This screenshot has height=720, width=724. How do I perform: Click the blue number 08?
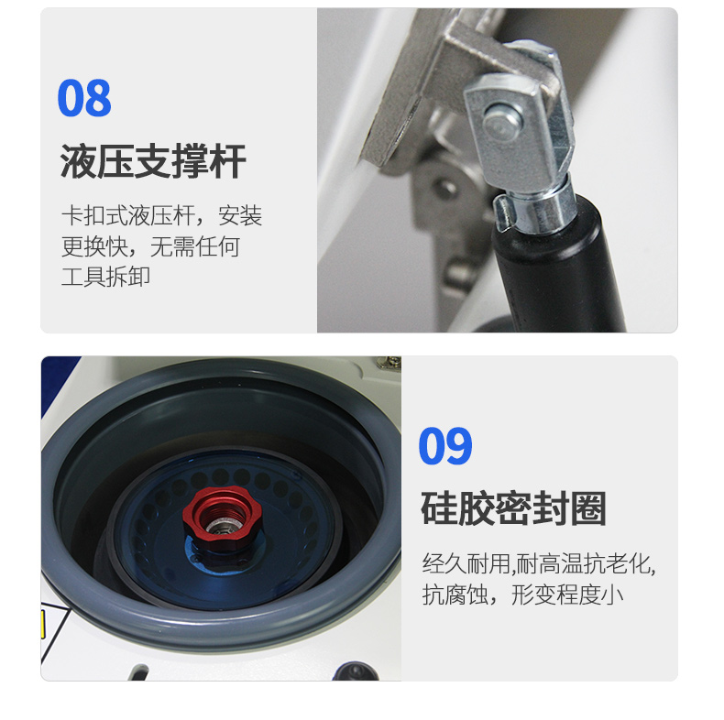click(x=83, y=99)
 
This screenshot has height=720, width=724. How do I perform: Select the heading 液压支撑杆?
click(x=153, y=161)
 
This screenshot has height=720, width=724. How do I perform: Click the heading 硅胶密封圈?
click(x=513, y=509)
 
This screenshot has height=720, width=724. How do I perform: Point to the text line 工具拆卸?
click(x=105, y=277)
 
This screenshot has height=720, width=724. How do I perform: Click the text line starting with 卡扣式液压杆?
click(x=161, y=216)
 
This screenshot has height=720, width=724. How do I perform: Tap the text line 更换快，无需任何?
click(x=150, y=246)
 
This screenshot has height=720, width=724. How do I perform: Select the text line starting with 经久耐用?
click(x=538, y=563)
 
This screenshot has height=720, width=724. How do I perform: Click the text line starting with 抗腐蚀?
click(x=522, y=595)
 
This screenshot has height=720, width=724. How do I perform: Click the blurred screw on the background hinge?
click(x=449, y=190)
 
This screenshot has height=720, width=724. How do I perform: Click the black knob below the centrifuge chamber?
click(x=353, y=672)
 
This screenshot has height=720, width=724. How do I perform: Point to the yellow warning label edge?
click(x=43, y=627)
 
